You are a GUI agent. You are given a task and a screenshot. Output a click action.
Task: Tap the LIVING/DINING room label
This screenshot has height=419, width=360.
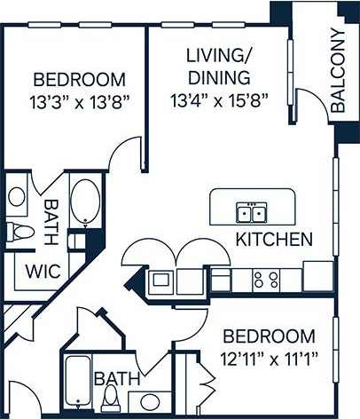[218, 67]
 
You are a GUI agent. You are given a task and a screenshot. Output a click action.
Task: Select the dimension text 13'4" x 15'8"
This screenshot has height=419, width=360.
[219, 100]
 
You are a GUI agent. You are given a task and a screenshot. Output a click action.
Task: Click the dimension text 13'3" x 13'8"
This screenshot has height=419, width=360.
[74, 100]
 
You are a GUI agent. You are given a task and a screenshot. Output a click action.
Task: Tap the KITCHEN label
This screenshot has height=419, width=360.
[273, 239]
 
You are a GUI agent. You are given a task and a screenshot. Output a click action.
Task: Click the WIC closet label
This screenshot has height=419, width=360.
[43, 272]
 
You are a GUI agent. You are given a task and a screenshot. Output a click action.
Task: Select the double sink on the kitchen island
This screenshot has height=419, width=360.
[251, 213]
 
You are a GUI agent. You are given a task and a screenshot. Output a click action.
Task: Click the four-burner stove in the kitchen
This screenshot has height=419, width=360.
[266, 281]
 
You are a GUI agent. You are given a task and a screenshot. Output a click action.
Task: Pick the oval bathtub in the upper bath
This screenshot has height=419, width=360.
[86, 202]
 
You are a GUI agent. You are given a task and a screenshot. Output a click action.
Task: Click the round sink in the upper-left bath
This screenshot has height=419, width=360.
[17, 197]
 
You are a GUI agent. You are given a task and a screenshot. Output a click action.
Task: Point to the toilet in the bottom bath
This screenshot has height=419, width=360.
[111, 400]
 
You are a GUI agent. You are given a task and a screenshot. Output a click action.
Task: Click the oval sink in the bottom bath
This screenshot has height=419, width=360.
[152, 402]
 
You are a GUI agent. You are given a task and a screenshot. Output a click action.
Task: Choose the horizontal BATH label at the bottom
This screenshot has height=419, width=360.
[117, 379]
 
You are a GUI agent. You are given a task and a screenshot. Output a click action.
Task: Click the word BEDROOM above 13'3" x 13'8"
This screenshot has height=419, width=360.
[74, 78]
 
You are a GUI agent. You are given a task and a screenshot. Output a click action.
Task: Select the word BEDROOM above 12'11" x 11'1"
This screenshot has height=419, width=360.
[269, 336]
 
